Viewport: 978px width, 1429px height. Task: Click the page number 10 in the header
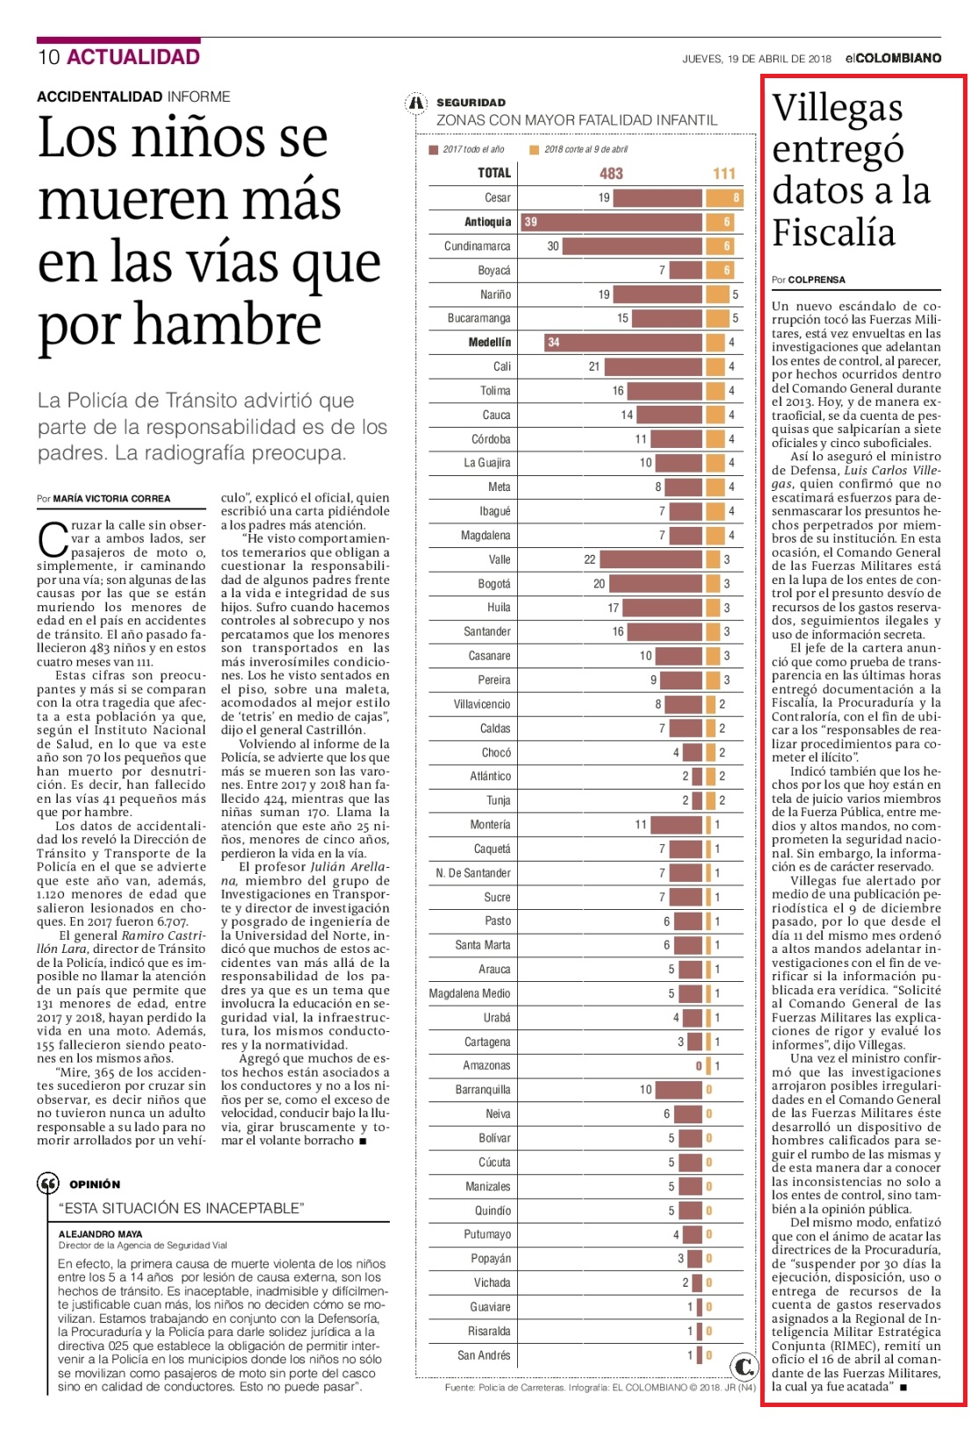tap(49, 57)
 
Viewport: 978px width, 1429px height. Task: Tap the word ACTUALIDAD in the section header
tap(133, 57)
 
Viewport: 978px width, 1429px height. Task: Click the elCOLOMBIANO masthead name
tap(893, 58)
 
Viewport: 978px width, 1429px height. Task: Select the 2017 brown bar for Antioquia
tap(611, 222)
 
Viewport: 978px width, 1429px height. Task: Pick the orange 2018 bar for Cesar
tap(724, 198)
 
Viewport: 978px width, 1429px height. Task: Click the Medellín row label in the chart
tap(490, 343)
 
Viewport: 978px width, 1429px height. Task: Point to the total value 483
tap(611, 174)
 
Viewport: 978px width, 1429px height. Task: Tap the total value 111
tap(724, 174)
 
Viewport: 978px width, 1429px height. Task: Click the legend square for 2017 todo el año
tap(434, 150)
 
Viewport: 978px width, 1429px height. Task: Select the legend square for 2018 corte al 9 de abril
tap(535, 150)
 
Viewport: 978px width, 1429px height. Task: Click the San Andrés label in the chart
tap(484, 1355)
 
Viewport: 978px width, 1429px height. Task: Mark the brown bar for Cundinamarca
tap(632, 246)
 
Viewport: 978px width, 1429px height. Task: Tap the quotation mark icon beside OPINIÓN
tap(47, 1184)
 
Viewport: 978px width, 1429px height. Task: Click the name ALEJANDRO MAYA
tap(100, 1234)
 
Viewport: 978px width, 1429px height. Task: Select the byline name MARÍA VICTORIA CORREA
tap(111, 499)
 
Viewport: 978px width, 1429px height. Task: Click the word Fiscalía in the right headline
tap(834, 232)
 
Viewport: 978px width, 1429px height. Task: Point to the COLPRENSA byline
tap(816, 280)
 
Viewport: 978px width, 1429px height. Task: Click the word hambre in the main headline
tap(227, 324)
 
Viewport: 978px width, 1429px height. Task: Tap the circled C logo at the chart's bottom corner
tap(744, 1366)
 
